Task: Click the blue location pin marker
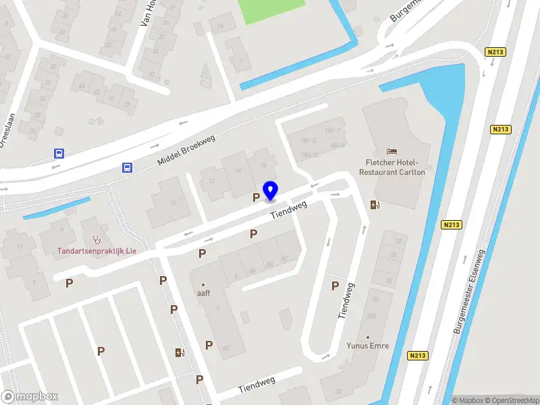(271, 190)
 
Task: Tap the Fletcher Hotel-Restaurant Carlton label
(392, 167)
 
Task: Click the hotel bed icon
(391, 151)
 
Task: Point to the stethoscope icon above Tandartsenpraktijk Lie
(97, 239)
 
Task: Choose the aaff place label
(203, 294)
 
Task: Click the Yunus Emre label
(369, 346)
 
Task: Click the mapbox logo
(30, 397)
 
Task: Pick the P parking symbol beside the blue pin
(256, 197)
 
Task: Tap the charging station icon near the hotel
(374, 205)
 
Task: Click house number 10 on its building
(173, 202)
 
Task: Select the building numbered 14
(238, 171)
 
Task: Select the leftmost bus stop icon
(59, 153)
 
